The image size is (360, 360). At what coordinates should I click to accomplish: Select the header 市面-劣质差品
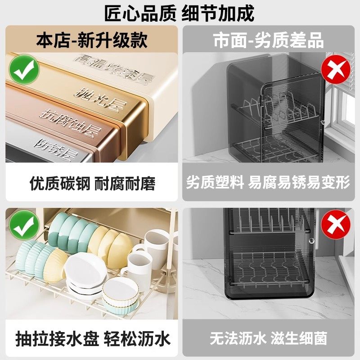[269, 40]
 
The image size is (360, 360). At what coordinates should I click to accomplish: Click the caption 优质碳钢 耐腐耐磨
[92, 183]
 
